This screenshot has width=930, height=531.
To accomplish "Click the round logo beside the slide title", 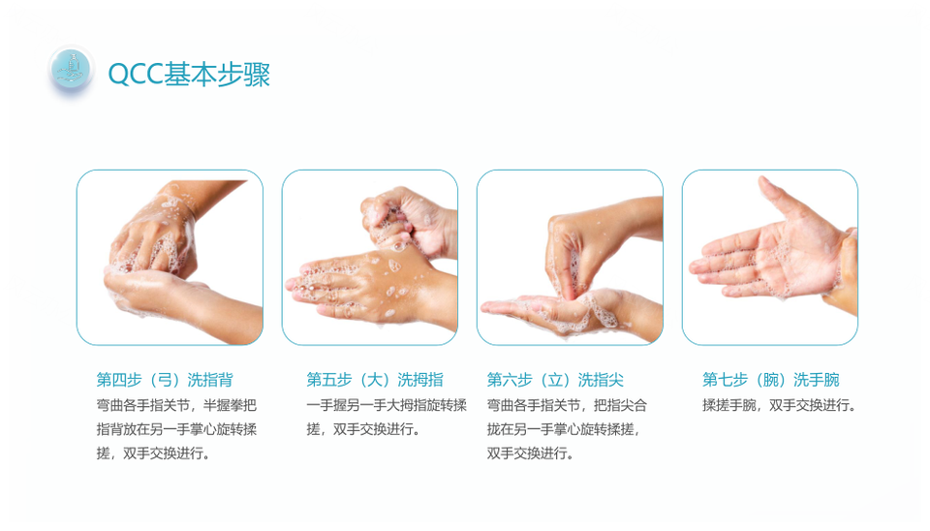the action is (71, 70).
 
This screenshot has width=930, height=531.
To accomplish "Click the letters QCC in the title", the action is (136, 75).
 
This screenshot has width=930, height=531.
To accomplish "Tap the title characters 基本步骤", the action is (217, 75).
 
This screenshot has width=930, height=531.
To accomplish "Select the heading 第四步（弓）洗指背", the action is (165, 380).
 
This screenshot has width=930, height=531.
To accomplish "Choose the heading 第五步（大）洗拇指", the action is (375, 380).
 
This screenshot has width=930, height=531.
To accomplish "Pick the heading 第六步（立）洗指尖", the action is (555, 380).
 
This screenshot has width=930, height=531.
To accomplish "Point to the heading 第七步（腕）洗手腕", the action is (771, 380).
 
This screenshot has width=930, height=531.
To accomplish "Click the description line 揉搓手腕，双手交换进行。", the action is (779, 405).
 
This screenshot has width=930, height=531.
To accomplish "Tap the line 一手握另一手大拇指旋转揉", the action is (387, 405).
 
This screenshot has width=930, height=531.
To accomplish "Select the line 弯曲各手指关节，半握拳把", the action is (176, 405).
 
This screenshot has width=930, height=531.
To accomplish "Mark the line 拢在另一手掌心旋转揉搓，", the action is (564, 429).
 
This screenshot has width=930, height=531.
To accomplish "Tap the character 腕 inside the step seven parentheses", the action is (770, 380).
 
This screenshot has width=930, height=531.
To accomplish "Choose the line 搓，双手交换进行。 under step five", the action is (363, 429).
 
